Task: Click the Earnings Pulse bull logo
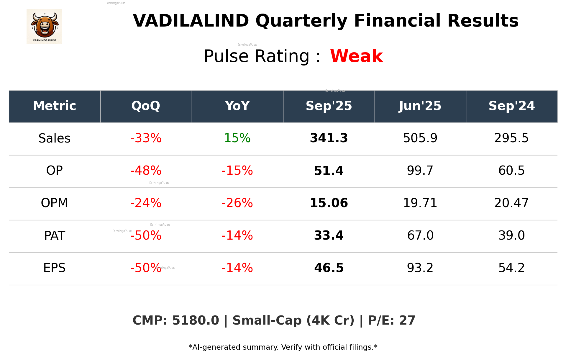pos(44,27)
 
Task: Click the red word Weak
pos(356,56)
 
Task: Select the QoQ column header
pos(146,106)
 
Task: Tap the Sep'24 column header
pos(511,106)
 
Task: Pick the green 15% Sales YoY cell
pos(237,138)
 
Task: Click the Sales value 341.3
pos(329,138)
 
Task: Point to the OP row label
pos(55,171)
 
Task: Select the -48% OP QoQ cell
pos(146,171)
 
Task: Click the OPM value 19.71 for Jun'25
pos(420,203)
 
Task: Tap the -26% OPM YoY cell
pos(237,203)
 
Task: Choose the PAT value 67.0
pos(420,235)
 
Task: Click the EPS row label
pos(55,268)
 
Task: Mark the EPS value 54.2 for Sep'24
pos(511,268)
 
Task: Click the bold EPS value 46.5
pos(329,268)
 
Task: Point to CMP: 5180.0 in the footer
pos(176,320)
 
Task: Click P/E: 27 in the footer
pos(391,320)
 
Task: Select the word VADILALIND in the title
pos(191,21)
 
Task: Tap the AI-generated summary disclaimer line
pos(283,347)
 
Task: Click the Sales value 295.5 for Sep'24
pos(511,138)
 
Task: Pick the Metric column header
pos(55,106)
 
